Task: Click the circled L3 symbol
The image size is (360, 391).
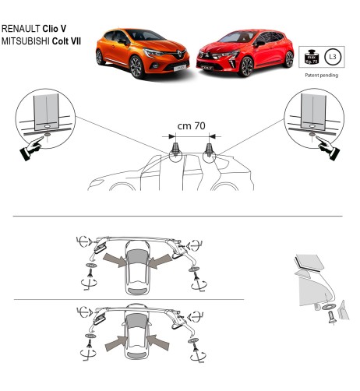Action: pyautogui.click(x=333, y=57)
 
